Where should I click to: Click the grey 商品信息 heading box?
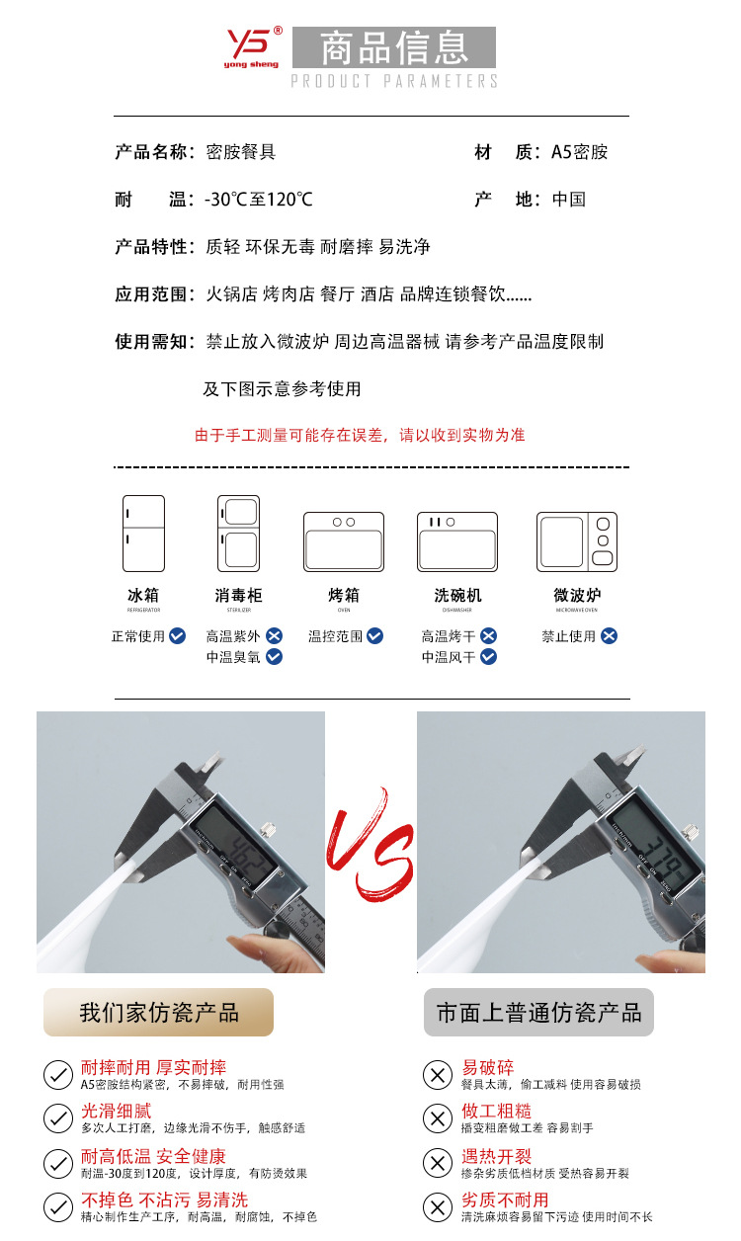coord(393,47)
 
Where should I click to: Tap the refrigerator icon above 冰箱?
coord(143,534)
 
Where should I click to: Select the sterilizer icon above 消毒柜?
coord(238,534)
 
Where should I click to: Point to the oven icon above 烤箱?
coord(343,541)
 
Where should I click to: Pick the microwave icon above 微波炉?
coord(577,541)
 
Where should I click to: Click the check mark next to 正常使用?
coord(178,636)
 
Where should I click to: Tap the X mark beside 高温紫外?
coord(274,636)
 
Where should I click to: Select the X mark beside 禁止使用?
coord(610,636)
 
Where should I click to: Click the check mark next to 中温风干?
coord(488,657)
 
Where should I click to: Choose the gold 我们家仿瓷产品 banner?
coord(158,1013)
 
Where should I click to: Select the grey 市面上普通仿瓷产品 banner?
coord(538,1013)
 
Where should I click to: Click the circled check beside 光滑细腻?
coord(58,1118)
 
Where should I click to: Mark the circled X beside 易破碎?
coord(437,1075)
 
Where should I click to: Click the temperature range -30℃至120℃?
coord(259,200)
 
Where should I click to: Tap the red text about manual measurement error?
coord(360,435)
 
